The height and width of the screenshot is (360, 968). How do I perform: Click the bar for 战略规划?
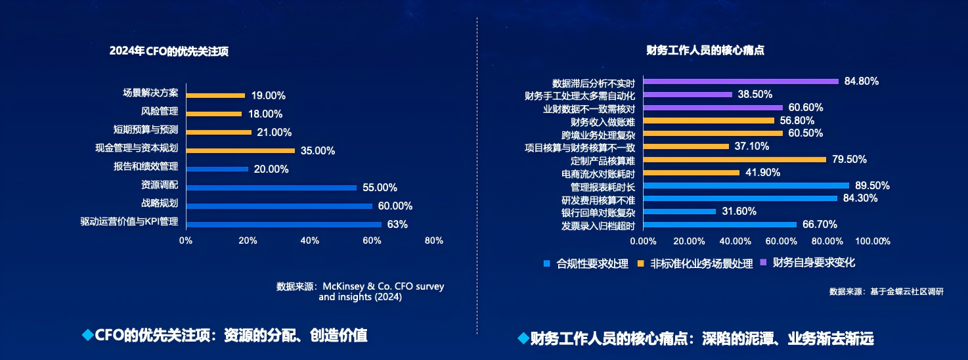pos(279,206)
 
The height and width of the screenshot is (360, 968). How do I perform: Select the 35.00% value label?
pos(318,150)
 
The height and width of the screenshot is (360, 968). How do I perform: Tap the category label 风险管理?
pos(160,111)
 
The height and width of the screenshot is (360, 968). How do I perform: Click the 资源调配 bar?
pos(271,188)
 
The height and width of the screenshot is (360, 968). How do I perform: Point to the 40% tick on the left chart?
pos(310,240)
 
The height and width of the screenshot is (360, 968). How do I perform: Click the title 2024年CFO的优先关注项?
pos(169,52)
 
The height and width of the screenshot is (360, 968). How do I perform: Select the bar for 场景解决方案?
pos(215,95)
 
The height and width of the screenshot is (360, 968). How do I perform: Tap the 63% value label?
pos(397,225)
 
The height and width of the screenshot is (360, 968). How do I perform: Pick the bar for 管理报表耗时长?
pos(746,186)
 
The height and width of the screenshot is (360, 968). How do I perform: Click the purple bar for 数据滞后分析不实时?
pos(741,81)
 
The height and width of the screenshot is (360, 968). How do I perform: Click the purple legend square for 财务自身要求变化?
pos(764,263)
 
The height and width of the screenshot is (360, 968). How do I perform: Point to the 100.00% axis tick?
pos(872,241)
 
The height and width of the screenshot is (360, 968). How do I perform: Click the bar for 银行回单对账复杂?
pos(680,212)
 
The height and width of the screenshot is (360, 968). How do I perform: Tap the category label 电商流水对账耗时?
pos(598,173)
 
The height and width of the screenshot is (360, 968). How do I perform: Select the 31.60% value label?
pos(738,212)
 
